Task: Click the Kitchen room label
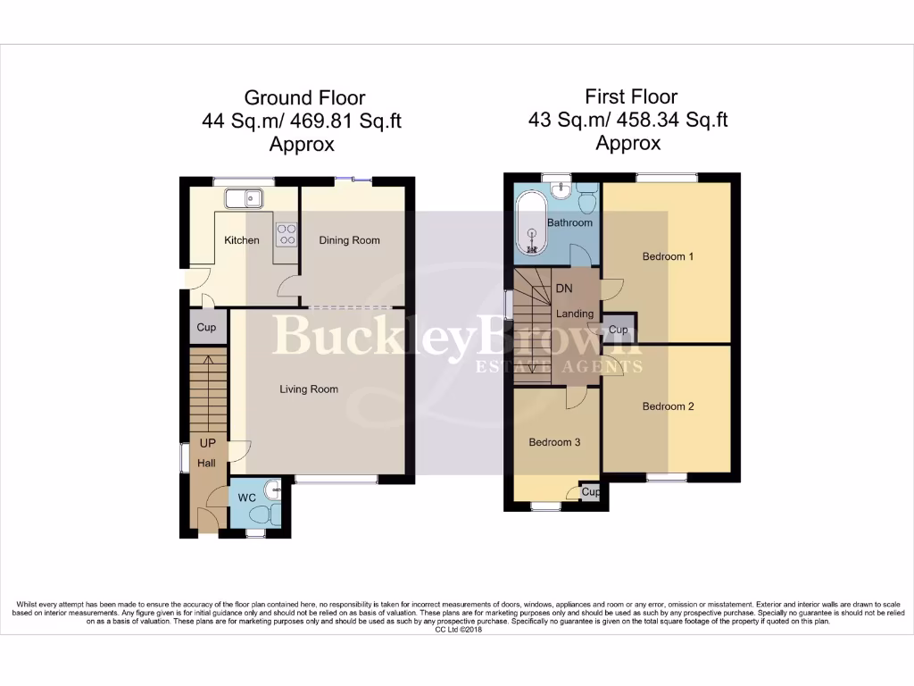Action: [242, 240]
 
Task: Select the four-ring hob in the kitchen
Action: [287, 233]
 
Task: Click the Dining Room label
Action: [350, 240]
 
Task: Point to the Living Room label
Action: [309, 389]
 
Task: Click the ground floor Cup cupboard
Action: [206, 328]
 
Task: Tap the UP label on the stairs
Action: [207, 443]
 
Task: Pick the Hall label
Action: [207, 463]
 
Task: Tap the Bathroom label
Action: [569, 222]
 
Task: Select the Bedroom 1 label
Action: [669, 256]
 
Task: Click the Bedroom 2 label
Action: [669, 406]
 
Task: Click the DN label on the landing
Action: [564, 289]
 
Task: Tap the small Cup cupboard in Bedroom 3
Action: [590, 491]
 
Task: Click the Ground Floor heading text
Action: [304, 97]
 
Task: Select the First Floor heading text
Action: [631, 96]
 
